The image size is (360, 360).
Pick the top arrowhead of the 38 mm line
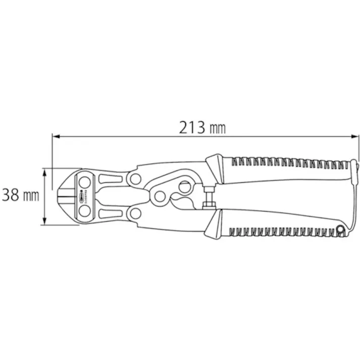coord(45,172)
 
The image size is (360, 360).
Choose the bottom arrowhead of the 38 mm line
coord(45,222)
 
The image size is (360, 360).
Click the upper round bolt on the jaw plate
coord(84,182)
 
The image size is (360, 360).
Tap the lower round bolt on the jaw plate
coord(84,212)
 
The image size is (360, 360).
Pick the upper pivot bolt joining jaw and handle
coord(135,178)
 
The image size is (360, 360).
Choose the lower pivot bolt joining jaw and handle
coord(135,216)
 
